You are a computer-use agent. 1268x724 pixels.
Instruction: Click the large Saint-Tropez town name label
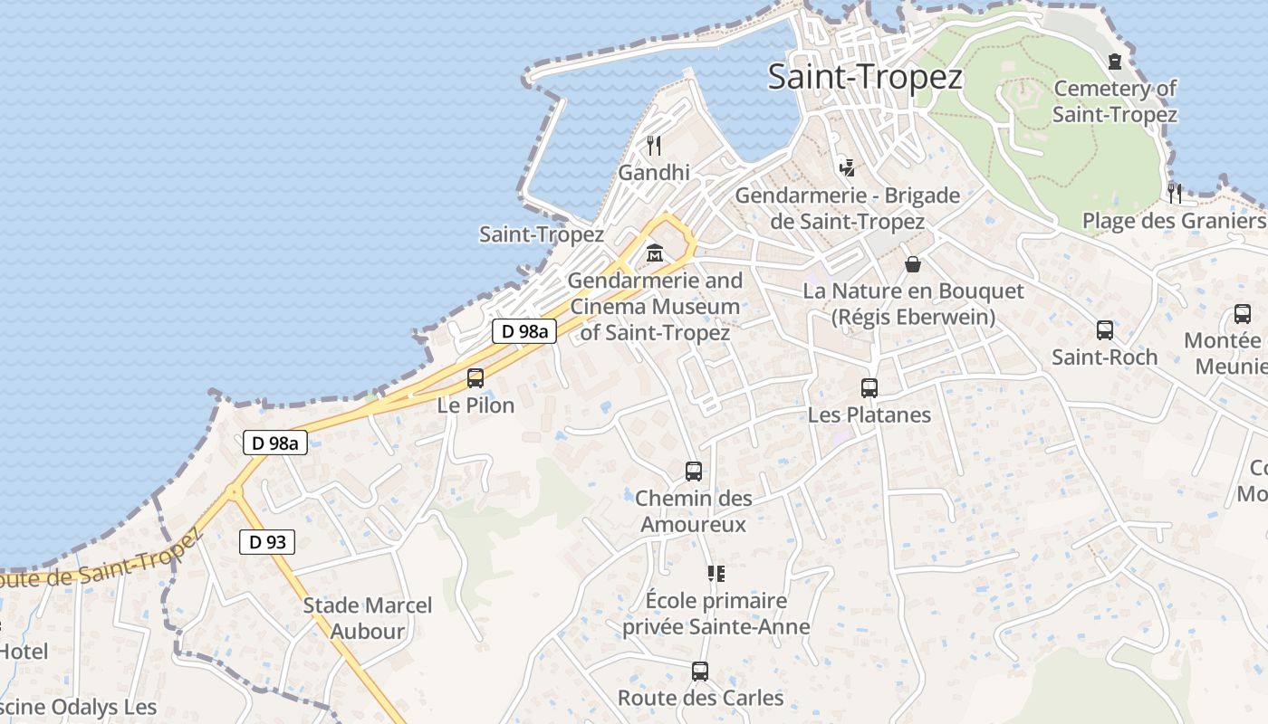[x=864, y=77]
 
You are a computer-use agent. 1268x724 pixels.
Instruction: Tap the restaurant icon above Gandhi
[x=654, y=145]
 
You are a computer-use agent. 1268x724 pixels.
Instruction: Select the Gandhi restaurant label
[x=654, y=172]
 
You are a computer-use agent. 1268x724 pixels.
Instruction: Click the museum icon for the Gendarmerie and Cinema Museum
[x=654, y=253]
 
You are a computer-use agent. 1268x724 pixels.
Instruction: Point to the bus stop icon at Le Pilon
[x=475, y=378]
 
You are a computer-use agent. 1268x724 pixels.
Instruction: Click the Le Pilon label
[x=475, y=405]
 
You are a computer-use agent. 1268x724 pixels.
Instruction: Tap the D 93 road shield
[x=267, y=542]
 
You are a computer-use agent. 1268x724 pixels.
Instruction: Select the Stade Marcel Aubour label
[x=368, y=618]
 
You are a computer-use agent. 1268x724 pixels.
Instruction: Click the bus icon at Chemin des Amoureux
[x=694, y=472]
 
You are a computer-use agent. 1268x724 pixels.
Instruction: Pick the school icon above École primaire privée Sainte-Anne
[x=716, y=574]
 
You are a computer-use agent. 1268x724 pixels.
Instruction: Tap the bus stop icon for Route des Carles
[x=700, y=672]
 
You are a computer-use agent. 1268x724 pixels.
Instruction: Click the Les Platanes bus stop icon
[x=869, y=388]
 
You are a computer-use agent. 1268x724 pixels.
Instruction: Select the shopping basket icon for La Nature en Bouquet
[x=913, y=264]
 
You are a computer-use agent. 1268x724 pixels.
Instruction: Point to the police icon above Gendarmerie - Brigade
[x=848, y=167]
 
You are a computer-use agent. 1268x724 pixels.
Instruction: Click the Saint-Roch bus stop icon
[x=1105, y=330]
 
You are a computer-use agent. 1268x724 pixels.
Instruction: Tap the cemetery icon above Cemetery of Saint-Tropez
[x=1115, y=62]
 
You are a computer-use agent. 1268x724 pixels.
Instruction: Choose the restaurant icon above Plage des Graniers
[x=1175, y=193]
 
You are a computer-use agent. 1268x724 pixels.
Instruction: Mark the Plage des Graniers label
[x=1174, y=221]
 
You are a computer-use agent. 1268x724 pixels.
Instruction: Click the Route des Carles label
[x=700, y=698]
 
